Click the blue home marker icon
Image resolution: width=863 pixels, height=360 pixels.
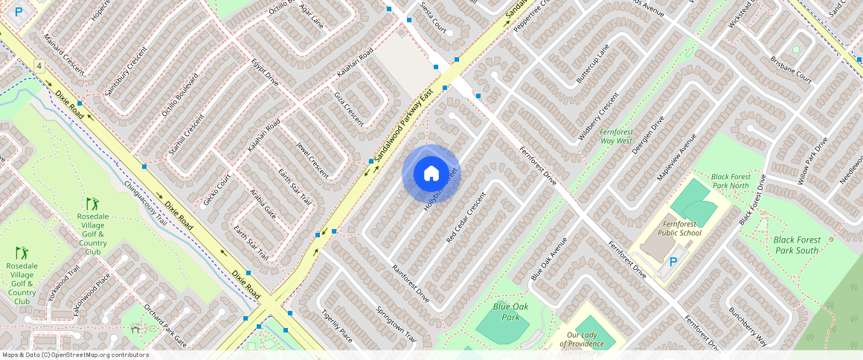click(x=431, y=174)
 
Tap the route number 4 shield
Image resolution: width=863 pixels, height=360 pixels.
click(x=39, y=67)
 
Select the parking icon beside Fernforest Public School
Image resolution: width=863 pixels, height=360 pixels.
click(x=673, y=262)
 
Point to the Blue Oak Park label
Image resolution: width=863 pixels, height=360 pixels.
click(x=510, y=311)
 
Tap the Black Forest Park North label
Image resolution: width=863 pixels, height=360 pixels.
click(x=730, y=181)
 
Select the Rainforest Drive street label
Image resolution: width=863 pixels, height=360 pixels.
click(x=411, y=283)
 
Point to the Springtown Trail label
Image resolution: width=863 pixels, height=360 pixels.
click(x=396, y=324)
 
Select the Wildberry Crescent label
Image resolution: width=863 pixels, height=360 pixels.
click(x=598, y=117)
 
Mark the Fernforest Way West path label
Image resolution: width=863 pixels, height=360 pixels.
click(x=616, y=136)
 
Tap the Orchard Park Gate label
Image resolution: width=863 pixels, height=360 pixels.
click(x=165, y=326)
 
